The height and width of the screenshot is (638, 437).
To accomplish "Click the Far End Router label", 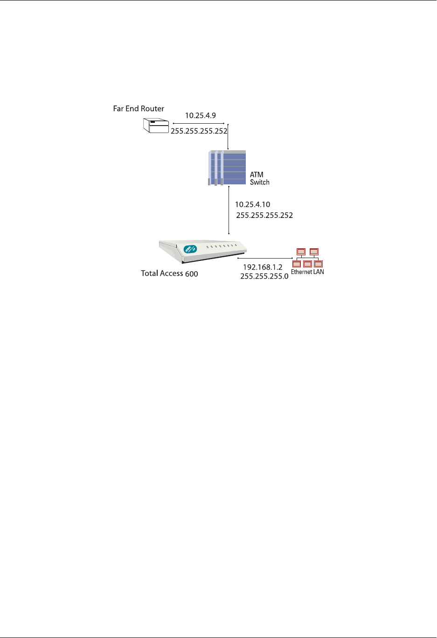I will click(x=139, y=109).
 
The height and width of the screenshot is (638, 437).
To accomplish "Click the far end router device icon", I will click(x=155, y=126).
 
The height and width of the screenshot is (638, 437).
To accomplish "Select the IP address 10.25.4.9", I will click(x=201, y=115).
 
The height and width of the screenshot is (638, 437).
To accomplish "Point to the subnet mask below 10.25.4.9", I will click(x=199, y=131).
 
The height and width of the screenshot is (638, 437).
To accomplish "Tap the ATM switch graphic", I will click(x=227, y=168).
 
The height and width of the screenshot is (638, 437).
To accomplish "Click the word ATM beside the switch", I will click(x=257, y=175).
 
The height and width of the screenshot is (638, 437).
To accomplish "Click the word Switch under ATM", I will click(x=260, y=182).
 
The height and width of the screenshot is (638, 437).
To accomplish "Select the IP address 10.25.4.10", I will click(x=252, y=204).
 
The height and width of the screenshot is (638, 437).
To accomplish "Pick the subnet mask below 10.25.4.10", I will click(x=264, y=216).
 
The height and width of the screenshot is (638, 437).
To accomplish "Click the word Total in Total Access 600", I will click(x=150, y=273).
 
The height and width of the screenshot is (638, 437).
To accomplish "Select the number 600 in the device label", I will click(x=192, y=274).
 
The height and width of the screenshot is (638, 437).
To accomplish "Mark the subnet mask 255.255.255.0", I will click(x=264, y=276).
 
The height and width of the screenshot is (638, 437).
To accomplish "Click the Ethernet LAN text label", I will click(x=307, y=272).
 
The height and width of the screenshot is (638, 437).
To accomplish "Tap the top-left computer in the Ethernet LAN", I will click(x=301, y=252).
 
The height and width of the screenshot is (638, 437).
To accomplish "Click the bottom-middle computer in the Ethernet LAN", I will click(x=307, y=264).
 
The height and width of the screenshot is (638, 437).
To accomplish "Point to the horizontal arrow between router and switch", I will click(x=199, y=124).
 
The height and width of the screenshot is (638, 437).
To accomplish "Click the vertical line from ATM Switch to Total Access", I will click(x=229, y=210).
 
